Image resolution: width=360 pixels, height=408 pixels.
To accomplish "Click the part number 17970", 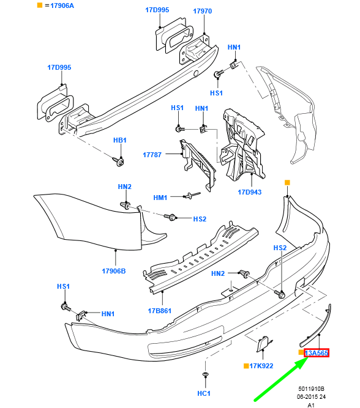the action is pos(203,11).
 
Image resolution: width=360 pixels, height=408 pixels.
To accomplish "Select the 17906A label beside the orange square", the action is pos(62,6).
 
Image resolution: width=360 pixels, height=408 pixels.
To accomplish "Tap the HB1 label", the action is pos(120,140).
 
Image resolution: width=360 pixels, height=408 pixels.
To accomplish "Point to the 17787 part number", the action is pos(152,155).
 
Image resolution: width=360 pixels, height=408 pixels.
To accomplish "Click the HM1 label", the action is pos(160,198).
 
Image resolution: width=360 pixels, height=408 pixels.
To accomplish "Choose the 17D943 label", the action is pos(250,192).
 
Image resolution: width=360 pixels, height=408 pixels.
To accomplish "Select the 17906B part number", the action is pos(114,271).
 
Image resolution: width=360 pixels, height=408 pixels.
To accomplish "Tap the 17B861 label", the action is pos(159,311).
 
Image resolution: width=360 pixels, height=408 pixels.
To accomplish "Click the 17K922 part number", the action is pos(261,366).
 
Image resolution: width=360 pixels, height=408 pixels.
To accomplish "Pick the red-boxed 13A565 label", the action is pos(317,353).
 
